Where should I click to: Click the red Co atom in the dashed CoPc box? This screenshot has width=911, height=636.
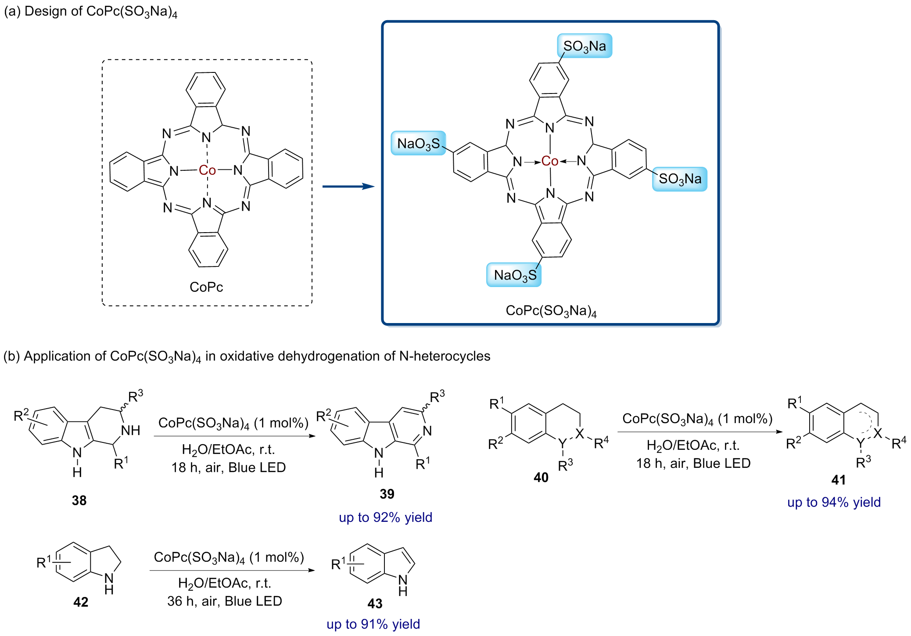tap(207, 170)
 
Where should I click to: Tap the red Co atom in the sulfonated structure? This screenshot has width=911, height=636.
tap(549, 161)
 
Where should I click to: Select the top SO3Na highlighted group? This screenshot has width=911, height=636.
tap(585, 46)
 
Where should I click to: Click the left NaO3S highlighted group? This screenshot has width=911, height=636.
tap(418, 144)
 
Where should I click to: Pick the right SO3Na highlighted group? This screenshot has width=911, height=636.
tap(680, 179)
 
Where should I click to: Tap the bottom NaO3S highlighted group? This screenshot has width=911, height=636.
tap(514, 275)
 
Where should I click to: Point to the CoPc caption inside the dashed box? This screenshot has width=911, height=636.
tap(206, 287)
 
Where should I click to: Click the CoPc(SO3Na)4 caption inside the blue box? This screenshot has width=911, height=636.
tap(551, 311)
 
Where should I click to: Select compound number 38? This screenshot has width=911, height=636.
tap(79, 500)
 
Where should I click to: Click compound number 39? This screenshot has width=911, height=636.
tap(387, 494)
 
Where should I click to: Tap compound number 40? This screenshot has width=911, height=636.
tap(541, 477)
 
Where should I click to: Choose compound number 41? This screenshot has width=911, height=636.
tap(838, 480)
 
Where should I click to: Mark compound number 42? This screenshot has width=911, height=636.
tap(81, 602)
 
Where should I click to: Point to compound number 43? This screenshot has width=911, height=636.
tap(375, 604)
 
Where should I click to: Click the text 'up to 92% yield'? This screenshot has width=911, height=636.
tap(385, 517)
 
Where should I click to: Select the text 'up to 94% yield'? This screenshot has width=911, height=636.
tap(834, 502)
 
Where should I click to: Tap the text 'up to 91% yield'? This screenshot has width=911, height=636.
tap(373, 624)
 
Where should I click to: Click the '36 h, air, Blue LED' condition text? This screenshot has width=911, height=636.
tap(224, 601)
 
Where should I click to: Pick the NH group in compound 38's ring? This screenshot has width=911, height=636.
tap(130, 430)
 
